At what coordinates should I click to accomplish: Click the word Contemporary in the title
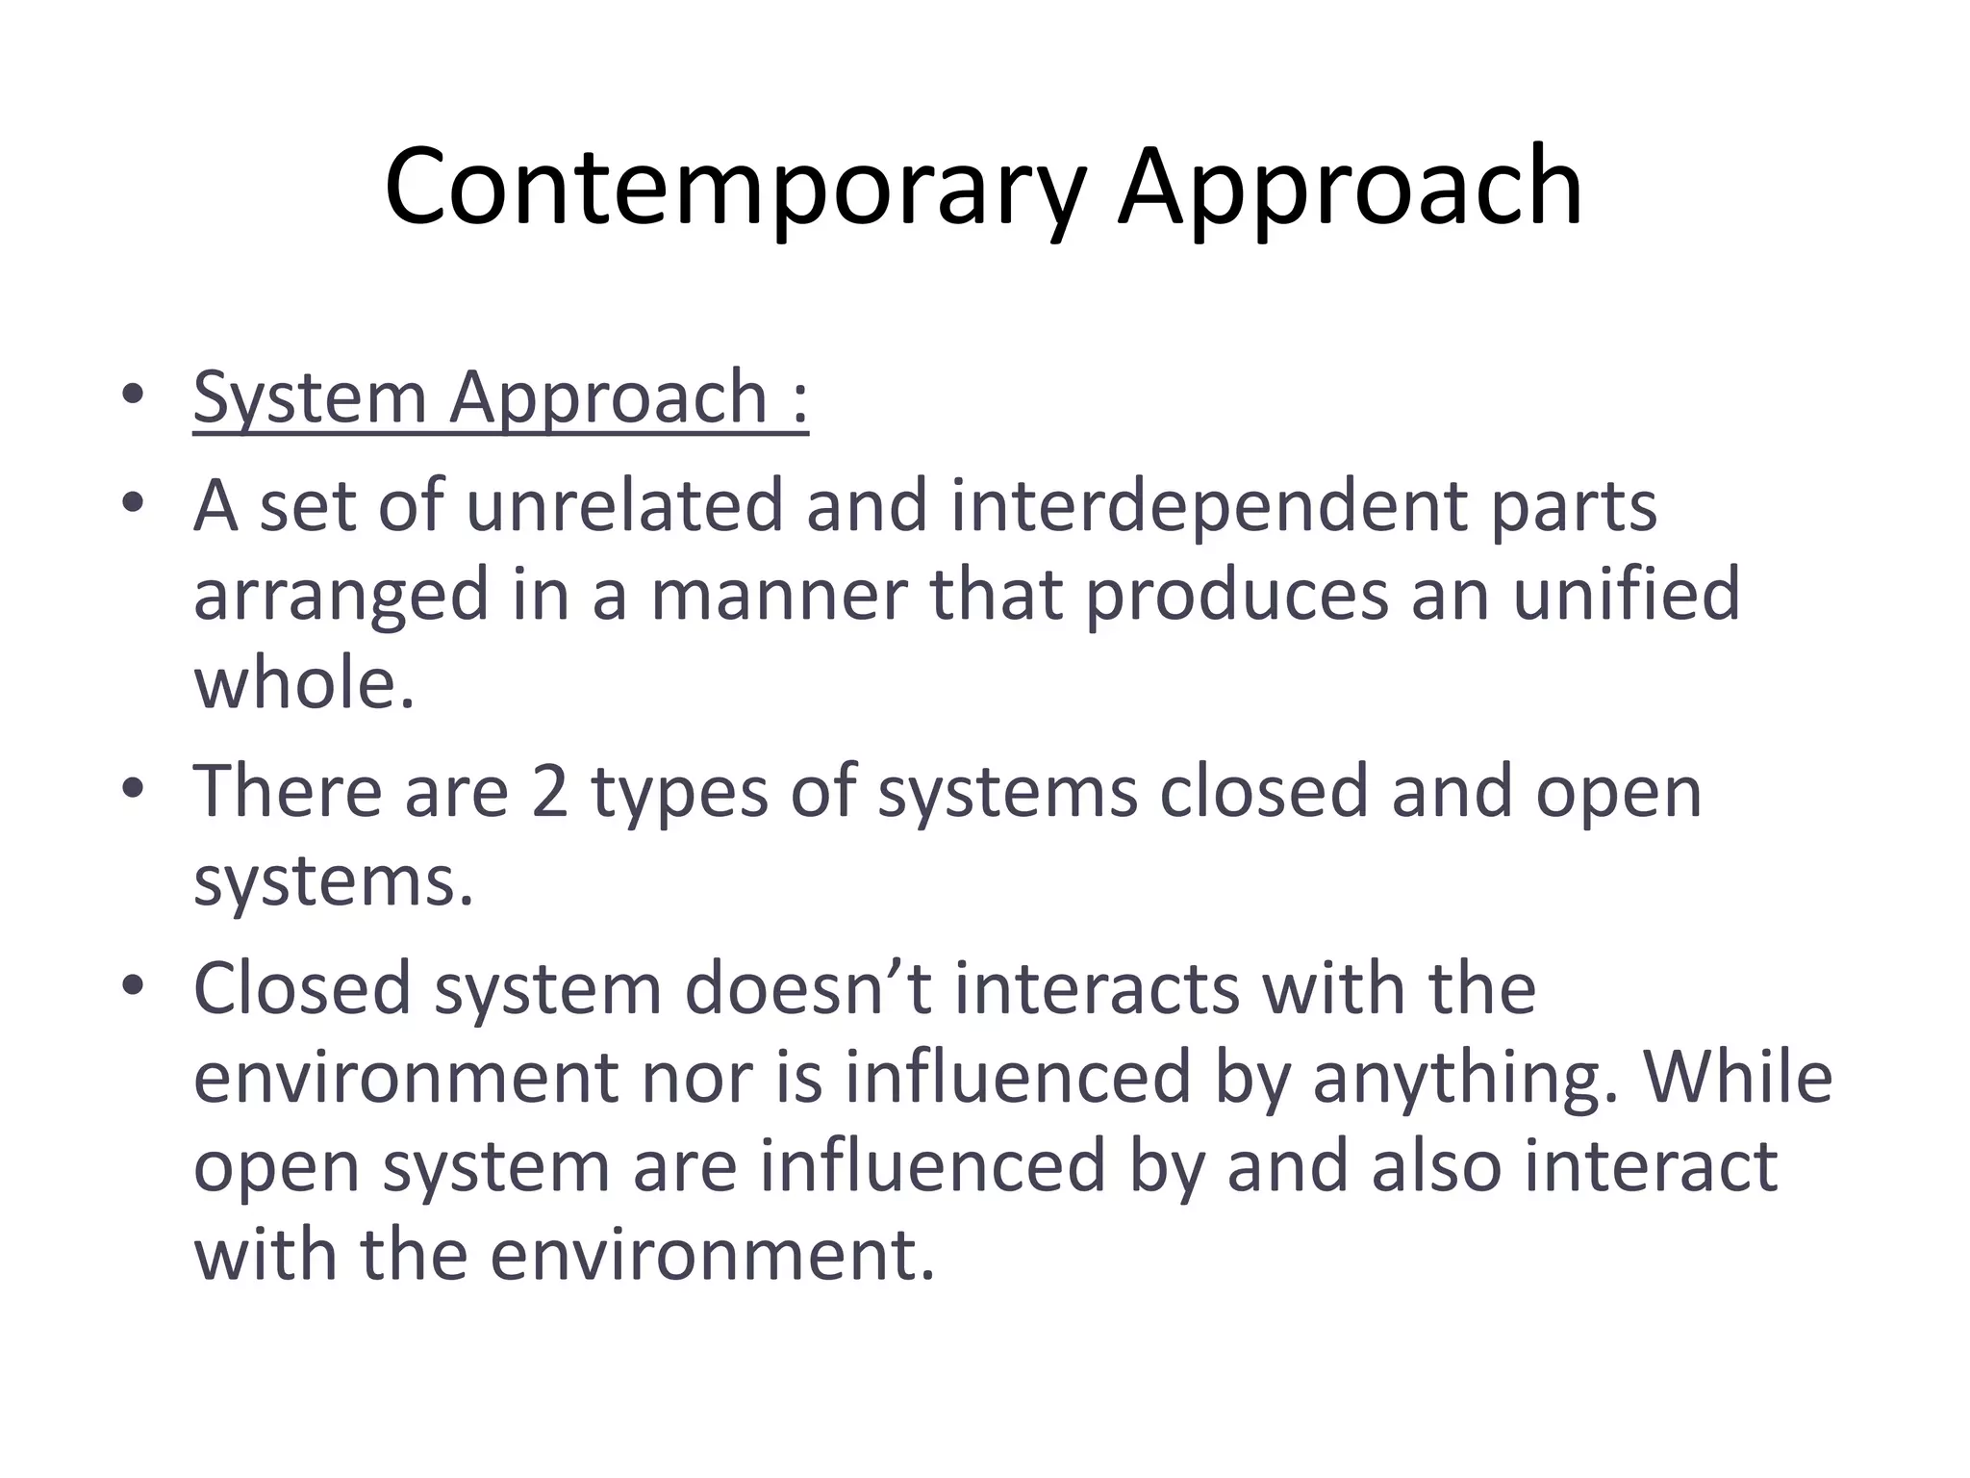coord(735,188)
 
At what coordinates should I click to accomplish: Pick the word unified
coord(1626,594)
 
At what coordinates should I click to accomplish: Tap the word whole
coord(304,683)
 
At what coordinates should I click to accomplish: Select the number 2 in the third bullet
coord(549,792)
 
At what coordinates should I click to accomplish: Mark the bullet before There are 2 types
coord(133,789)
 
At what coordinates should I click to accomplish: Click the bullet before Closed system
coord(133,985)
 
